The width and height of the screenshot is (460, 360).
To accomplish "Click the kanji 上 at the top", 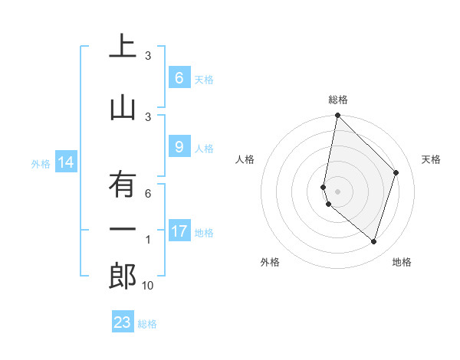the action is tap(123, 47).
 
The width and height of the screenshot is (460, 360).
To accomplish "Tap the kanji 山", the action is tap(123, 109).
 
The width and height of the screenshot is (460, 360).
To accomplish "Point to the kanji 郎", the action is tap(123, 277).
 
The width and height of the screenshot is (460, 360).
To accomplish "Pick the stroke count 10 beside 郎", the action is tap(148, 286).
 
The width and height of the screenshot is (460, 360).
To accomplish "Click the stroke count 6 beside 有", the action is tap(148, 194).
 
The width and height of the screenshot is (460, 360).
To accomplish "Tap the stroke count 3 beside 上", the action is tap(148, 56).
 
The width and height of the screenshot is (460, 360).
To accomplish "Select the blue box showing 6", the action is tap(179, 78).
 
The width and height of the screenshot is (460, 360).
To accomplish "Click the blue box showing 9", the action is tap(179, 148).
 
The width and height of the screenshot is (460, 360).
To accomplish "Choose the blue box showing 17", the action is tap(179, 231).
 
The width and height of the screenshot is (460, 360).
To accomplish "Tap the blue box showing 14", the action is tap(65, 162).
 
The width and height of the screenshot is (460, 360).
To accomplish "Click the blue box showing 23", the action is tap(123, 322).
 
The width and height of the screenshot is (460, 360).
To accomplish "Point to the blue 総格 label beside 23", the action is tap(148, 324).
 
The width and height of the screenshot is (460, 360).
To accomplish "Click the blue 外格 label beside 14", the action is tap(41, 163).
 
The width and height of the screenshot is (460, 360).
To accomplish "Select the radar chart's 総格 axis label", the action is tap(338, 100).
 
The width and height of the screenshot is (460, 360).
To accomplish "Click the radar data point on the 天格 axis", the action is tap(396, 172).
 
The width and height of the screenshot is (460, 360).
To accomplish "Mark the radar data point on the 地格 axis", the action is tap(373, 241).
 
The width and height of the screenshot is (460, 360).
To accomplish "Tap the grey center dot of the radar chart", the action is tap(338, 191).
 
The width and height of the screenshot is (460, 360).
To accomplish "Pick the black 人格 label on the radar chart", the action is tap(245, 159).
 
